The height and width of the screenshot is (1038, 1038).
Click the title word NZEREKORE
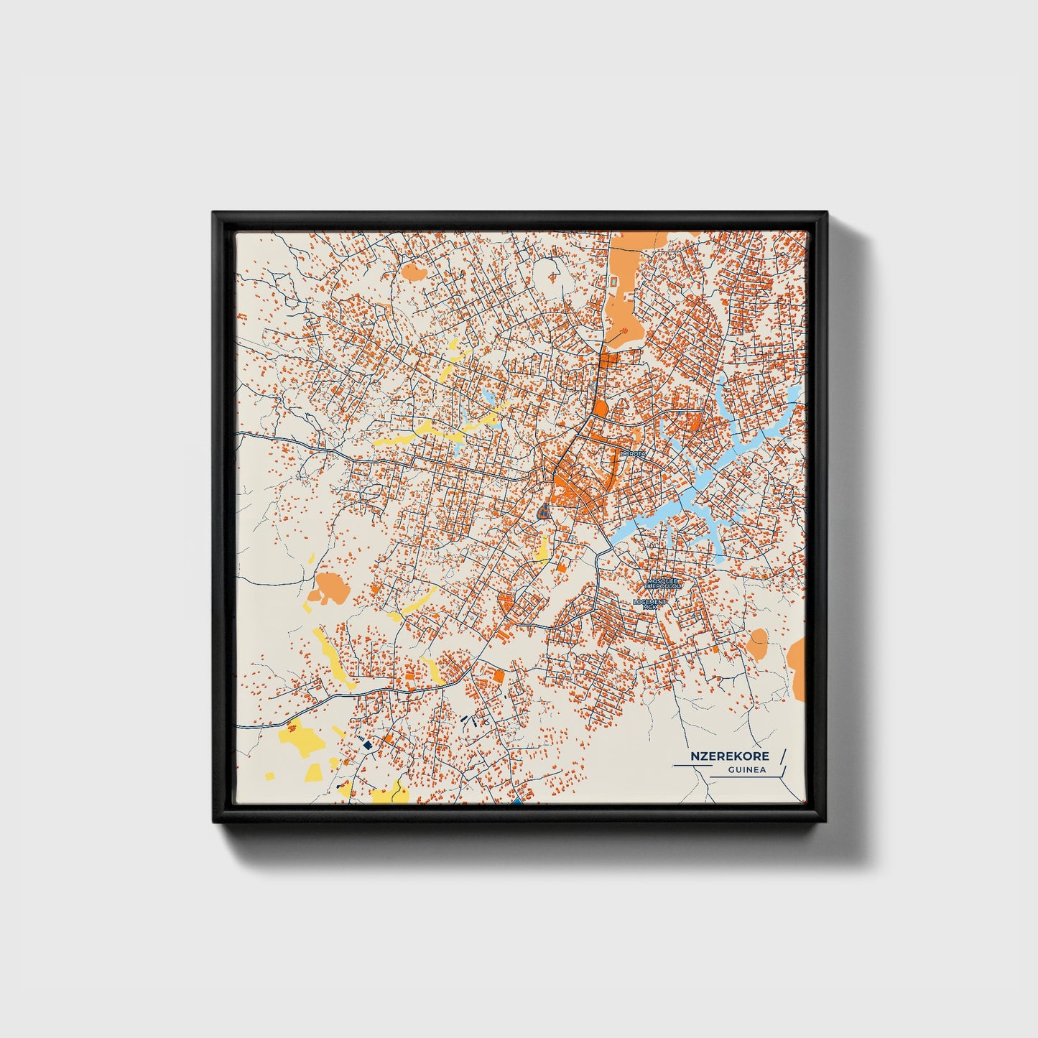(x=729, y=756)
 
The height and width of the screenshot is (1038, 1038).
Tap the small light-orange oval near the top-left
(x=413, y=271)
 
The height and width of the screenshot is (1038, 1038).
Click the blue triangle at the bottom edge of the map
(x=517, y=800)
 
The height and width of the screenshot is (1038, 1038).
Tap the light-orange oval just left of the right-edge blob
(x=756, y=643)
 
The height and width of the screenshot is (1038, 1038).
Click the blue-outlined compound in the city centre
(x=543, y=512)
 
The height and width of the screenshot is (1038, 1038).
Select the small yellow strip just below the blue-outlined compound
(x=544, y=547)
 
